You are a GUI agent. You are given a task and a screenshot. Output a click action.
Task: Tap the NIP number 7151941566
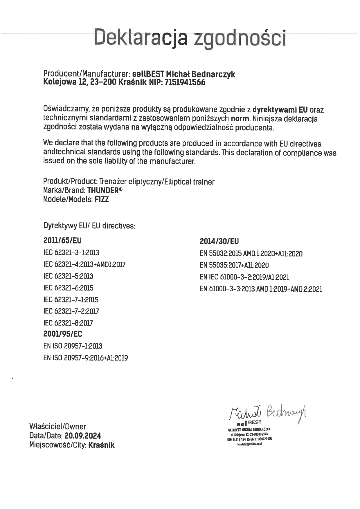click(185, 83)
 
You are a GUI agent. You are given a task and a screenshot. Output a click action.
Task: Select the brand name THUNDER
click(103, 191)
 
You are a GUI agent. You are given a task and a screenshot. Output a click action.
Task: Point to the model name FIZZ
click(102, 200)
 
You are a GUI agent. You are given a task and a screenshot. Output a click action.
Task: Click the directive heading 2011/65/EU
click(62, 241)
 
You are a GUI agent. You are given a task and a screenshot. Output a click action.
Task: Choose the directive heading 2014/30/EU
click(219, 241)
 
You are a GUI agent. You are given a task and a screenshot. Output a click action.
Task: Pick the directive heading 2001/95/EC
click(63, 334)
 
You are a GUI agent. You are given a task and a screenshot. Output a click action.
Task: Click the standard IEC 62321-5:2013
click(68, 276)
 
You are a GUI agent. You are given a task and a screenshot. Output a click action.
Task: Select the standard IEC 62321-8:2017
click(68, 323)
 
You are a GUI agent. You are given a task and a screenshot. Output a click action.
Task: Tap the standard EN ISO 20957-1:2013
click(73, 346)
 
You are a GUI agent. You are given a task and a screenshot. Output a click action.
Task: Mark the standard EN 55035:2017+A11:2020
click(234, 265)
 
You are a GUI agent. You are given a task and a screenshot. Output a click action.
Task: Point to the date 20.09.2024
click(83, 436)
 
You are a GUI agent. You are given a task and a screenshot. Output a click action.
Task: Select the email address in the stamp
click(249, 444)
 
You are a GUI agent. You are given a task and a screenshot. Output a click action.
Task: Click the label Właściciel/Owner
click(57, 427)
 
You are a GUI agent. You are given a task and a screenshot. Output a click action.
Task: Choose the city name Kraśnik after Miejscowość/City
click(101, 445)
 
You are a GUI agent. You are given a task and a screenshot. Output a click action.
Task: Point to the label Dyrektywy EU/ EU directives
click(89, 226)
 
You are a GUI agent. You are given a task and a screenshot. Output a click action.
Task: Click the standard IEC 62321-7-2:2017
click(71, 311)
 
